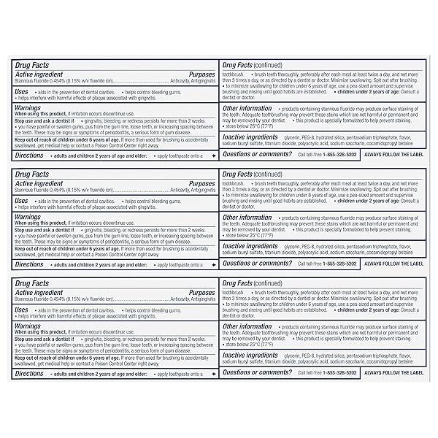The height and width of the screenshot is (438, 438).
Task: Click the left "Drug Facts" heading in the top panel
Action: (x=32, y=65)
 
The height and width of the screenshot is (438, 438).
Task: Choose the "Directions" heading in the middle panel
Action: (x=29, y=264)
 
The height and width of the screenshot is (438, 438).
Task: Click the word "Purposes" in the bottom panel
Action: (x=201, y=291)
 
